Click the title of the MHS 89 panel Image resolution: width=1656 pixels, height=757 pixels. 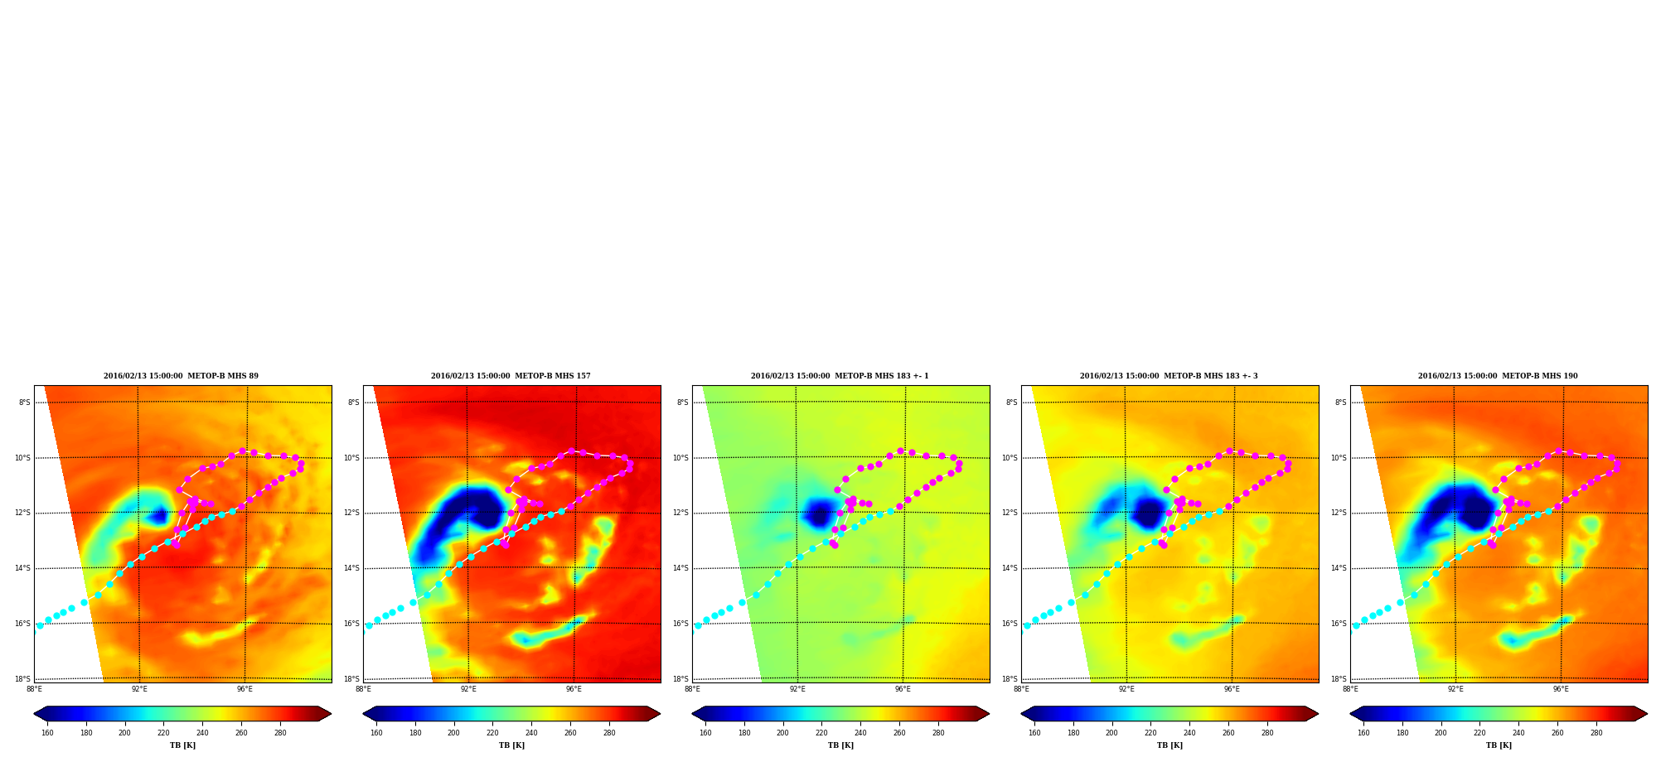181,376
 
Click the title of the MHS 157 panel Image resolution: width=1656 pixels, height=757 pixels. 511,376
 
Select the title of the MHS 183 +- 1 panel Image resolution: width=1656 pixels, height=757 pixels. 840,376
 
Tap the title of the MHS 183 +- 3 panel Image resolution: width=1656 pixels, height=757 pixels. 1169,376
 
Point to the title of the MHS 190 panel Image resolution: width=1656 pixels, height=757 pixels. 1498,376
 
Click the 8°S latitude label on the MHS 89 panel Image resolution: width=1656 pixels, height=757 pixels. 24,403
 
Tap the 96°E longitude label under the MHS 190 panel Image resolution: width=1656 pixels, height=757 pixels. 1561,689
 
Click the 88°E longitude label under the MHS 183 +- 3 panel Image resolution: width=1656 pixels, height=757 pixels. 1021,689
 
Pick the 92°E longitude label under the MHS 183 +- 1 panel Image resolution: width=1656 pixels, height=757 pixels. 797,689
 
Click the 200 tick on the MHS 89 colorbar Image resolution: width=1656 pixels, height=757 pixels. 124,733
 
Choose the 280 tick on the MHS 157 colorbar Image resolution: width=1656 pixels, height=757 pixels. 609,733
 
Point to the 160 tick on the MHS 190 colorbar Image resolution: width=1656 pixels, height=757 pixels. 1363,733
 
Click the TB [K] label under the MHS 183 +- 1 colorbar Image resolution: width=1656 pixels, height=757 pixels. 840,745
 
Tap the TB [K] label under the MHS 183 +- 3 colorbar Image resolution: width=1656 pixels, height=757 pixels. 1169,745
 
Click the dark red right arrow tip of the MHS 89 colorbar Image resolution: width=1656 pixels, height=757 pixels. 330,714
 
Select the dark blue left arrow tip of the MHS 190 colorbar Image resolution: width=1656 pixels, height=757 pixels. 1352,714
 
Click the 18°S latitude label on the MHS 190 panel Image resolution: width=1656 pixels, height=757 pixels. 1339,679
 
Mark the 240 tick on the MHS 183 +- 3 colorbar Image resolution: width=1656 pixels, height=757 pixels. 1189,733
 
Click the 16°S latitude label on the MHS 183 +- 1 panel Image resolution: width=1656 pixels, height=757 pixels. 680,624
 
